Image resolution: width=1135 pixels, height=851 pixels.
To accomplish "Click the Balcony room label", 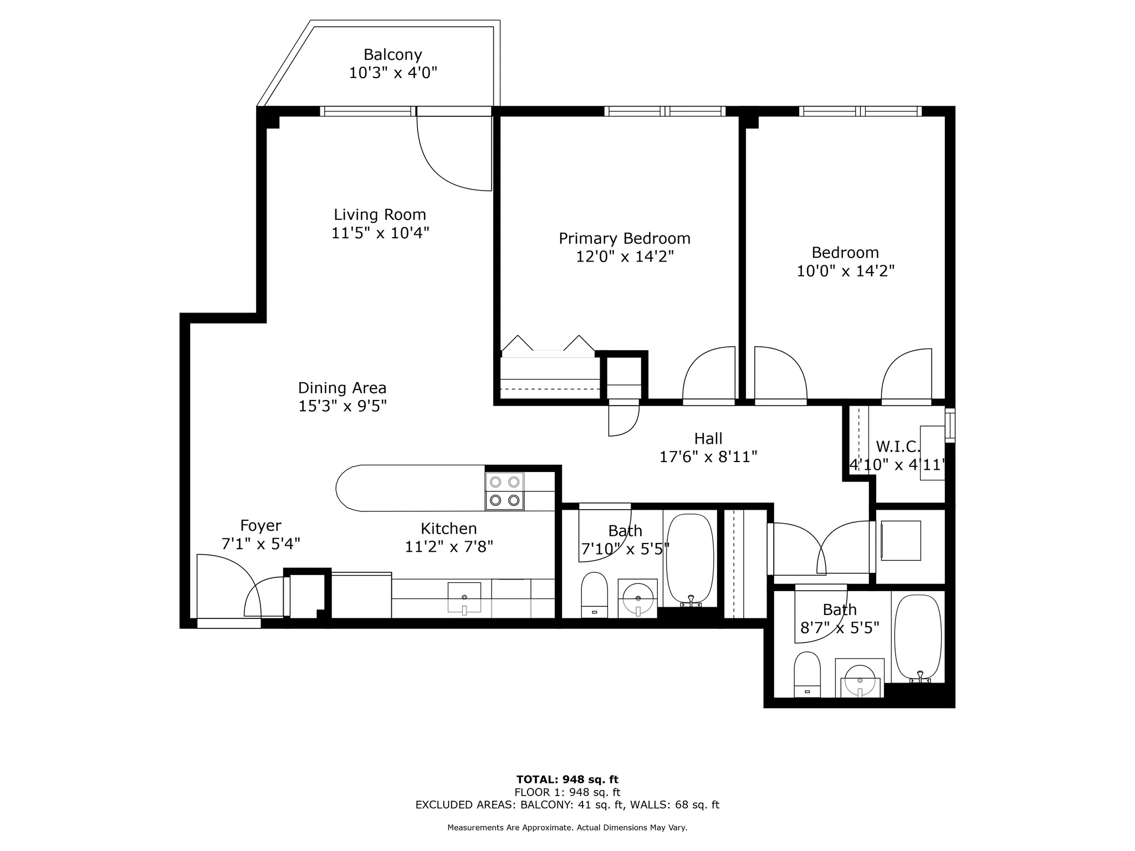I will click(x=392, y=54).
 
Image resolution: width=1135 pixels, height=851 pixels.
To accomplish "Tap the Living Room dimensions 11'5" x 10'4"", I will click(x=380, y=233).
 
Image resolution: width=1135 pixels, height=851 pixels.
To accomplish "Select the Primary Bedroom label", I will click(x=625, y=238).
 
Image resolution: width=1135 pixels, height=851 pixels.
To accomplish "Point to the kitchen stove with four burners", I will click(x=504, y=491).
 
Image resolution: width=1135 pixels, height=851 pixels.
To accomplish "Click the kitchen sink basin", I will click(x=464, y=597).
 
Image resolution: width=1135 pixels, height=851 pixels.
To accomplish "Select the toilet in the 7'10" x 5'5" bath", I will click(x=594, y=594).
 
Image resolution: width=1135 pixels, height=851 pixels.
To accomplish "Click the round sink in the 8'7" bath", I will click(x=860, y=679).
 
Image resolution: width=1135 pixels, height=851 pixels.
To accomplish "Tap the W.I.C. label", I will click(x=898, y=447).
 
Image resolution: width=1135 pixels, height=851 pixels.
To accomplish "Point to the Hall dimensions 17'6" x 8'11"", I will click(x=708, y=457).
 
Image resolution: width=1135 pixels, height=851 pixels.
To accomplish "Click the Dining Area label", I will click(x=342, y=388).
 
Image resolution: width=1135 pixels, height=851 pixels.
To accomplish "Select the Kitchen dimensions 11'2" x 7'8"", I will click(x=449, y=547).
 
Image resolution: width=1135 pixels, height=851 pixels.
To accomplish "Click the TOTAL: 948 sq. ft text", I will click(x=567, y=780).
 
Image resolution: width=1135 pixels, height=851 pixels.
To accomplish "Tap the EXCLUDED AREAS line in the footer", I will click(x=567, y=805).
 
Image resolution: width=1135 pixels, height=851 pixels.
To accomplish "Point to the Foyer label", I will click(x=260, y=525).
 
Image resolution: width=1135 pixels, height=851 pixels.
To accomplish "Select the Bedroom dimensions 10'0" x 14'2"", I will click(x=845, y=271).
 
